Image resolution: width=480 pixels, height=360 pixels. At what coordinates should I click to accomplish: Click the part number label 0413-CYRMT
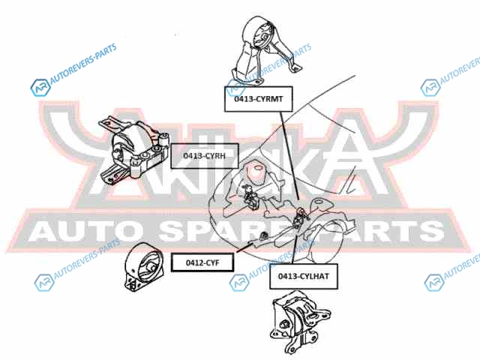click(x=257, y=98)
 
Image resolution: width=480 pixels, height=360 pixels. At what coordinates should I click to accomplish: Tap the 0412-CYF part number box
click(x=201, y=262)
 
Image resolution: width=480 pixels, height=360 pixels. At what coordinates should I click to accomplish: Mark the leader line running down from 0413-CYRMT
click(x=289, y=157)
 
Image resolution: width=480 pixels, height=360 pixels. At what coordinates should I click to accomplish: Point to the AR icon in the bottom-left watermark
click(x=41, y=283)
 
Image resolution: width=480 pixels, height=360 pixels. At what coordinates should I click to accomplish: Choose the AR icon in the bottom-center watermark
click(x=238, y=282)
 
